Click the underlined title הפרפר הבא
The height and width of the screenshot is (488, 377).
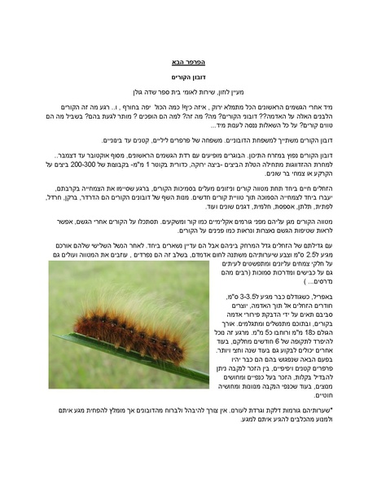(189, 62)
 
